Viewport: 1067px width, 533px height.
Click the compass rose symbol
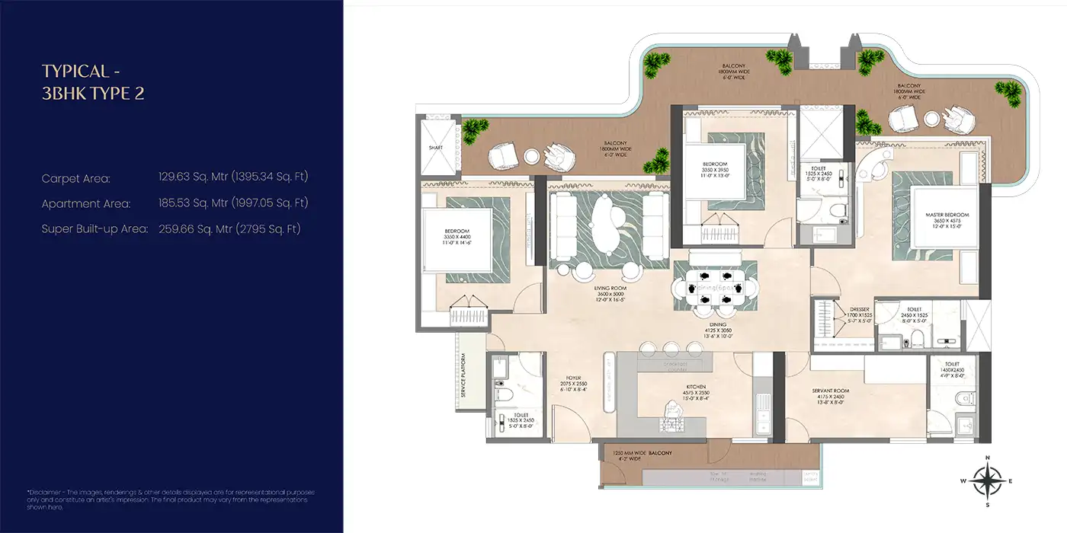987,480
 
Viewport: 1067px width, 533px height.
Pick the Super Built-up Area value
229,228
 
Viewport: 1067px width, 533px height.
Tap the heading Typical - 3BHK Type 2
93,82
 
